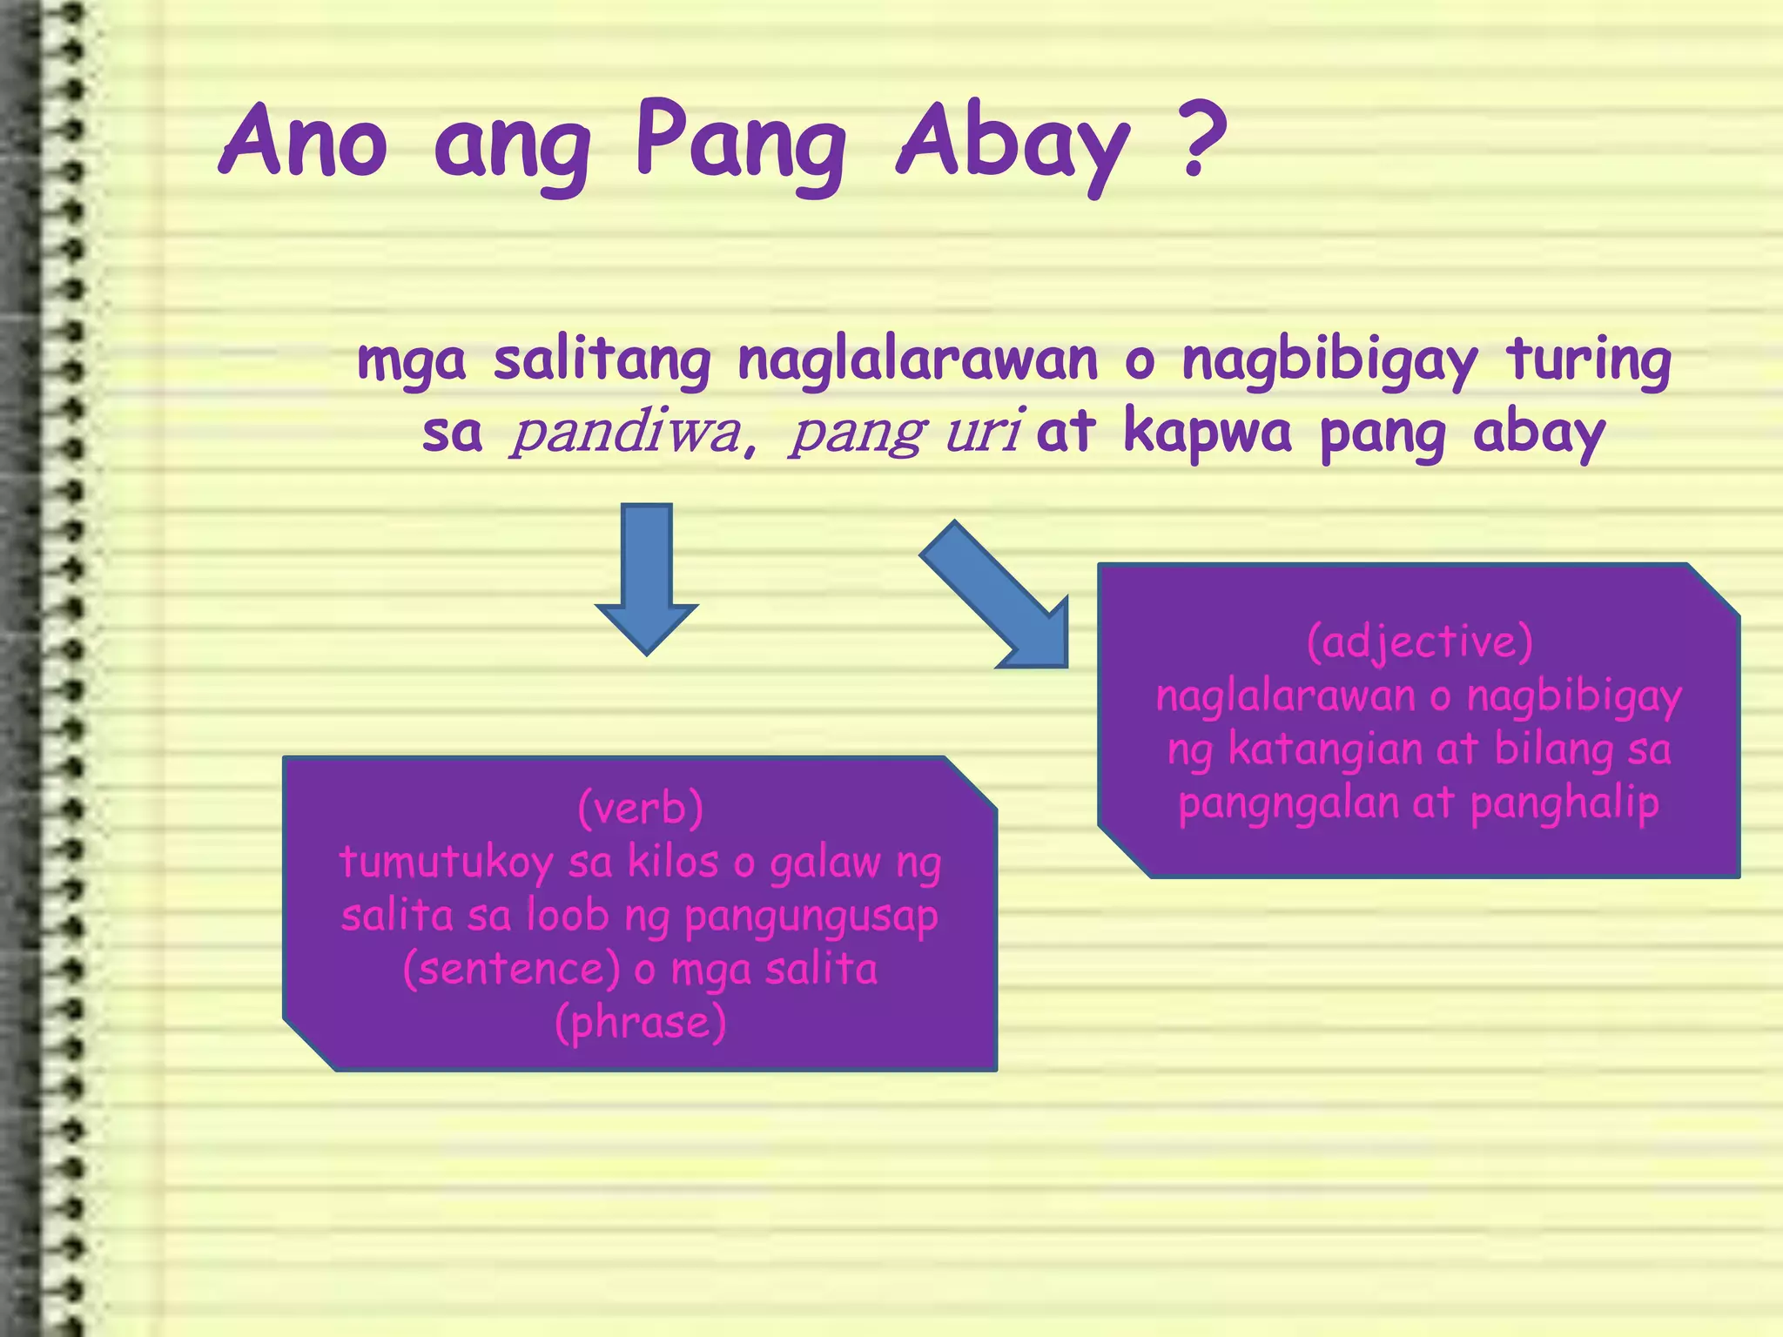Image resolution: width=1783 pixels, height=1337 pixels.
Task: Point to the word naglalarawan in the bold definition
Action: coord(918,360)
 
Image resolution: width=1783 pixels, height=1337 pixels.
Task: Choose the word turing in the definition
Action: coord(1589,360)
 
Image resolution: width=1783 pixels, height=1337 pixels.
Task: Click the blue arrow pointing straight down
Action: coord(647,578)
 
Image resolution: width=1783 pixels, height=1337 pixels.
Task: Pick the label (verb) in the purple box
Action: coord(641,808)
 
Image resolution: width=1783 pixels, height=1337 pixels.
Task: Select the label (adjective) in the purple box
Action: coord(1419,642)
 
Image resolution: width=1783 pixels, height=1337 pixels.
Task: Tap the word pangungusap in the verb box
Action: coord(811,917)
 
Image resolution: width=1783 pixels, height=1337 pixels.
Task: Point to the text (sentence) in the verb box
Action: coord(511,969)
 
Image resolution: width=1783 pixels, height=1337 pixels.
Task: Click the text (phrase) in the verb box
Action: coord(641,1022)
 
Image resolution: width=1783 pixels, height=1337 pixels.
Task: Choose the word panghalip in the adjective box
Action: coord(1564,803)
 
